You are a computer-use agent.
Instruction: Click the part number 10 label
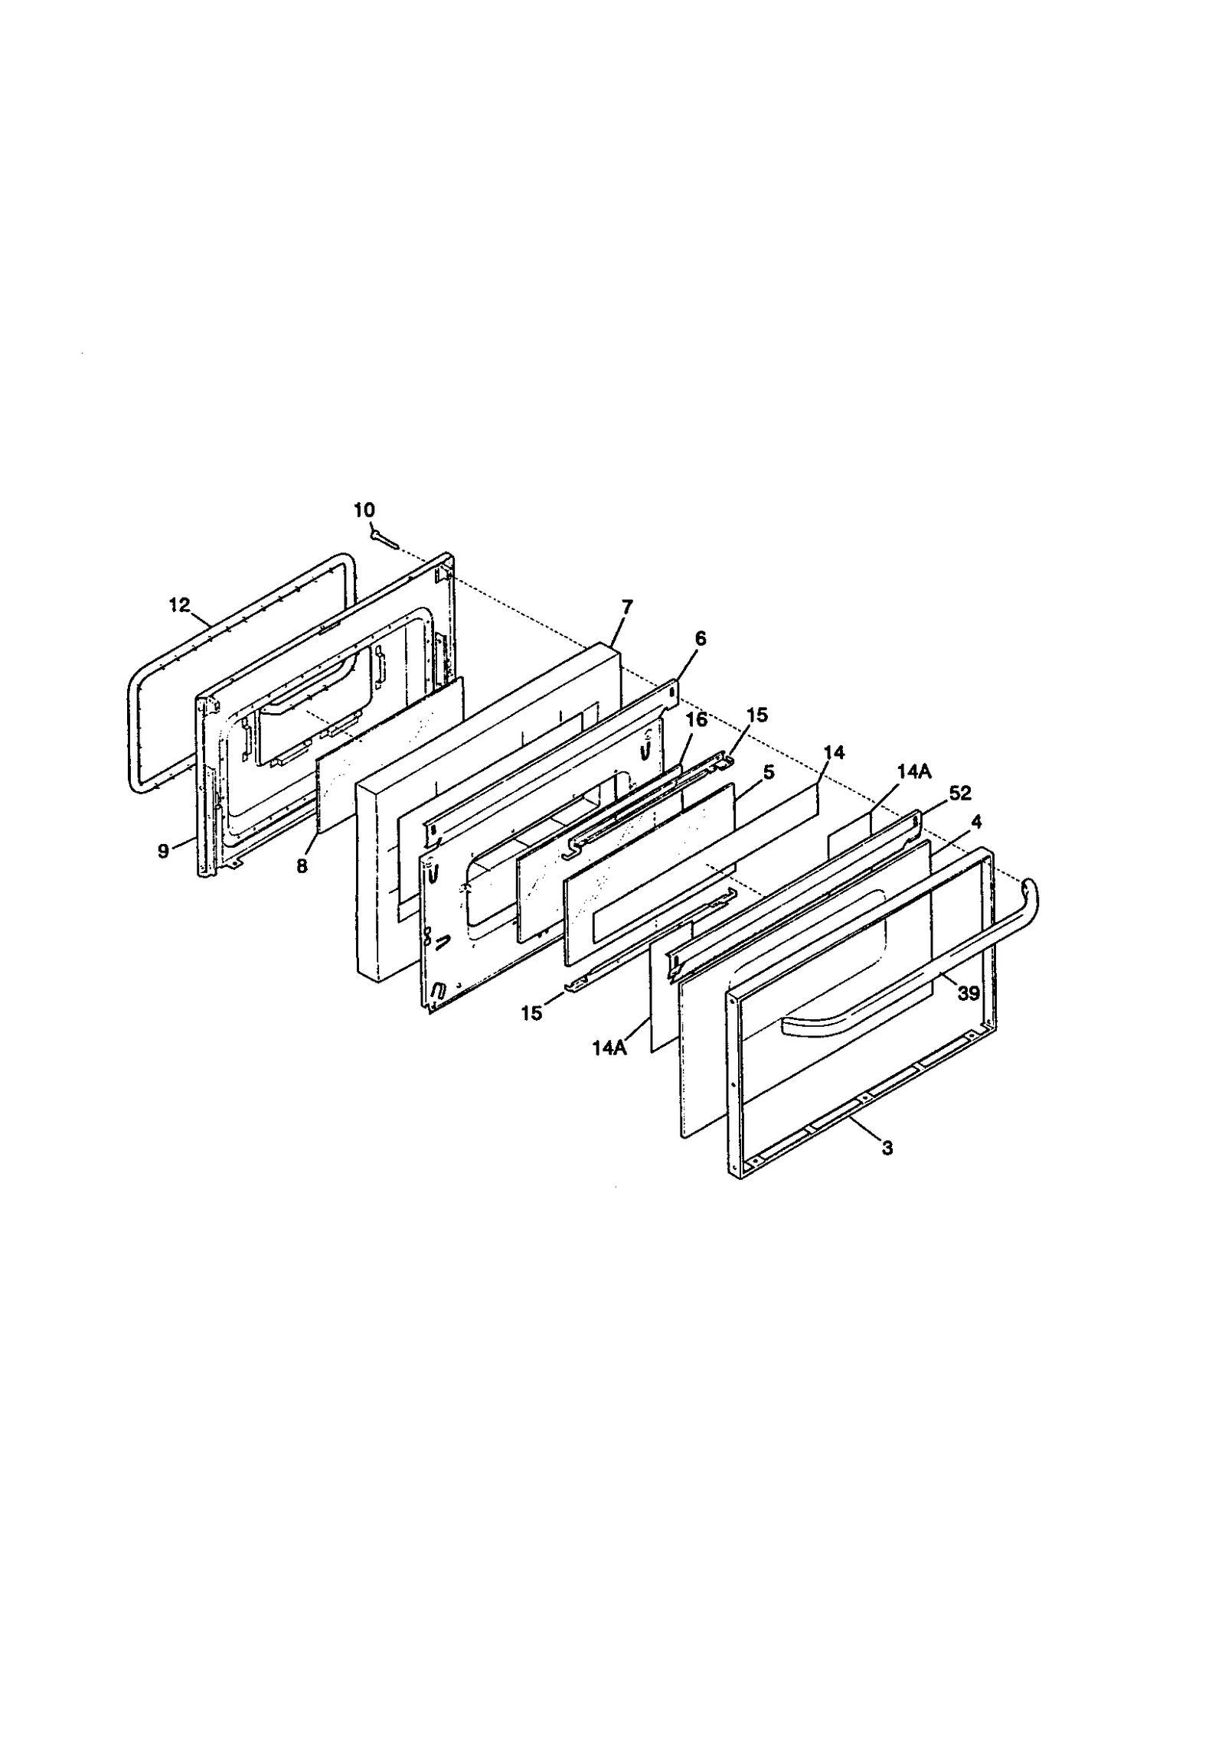coord(364,510)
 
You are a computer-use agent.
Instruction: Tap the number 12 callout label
coord(179,605)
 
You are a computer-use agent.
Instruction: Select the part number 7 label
coord(627,607)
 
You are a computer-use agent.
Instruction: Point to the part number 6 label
coord(701,638)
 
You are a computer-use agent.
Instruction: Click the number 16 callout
coord(697,719)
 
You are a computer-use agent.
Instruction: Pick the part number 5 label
coord(769,772)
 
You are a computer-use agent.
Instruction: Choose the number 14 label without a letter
coord(835,753)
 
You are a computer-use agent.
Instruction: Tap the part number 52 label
coord(960,794)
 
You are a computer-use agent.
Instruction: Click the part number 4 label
coord(976,822)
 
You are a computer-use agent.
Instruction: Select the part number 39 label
coord(969,994)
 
